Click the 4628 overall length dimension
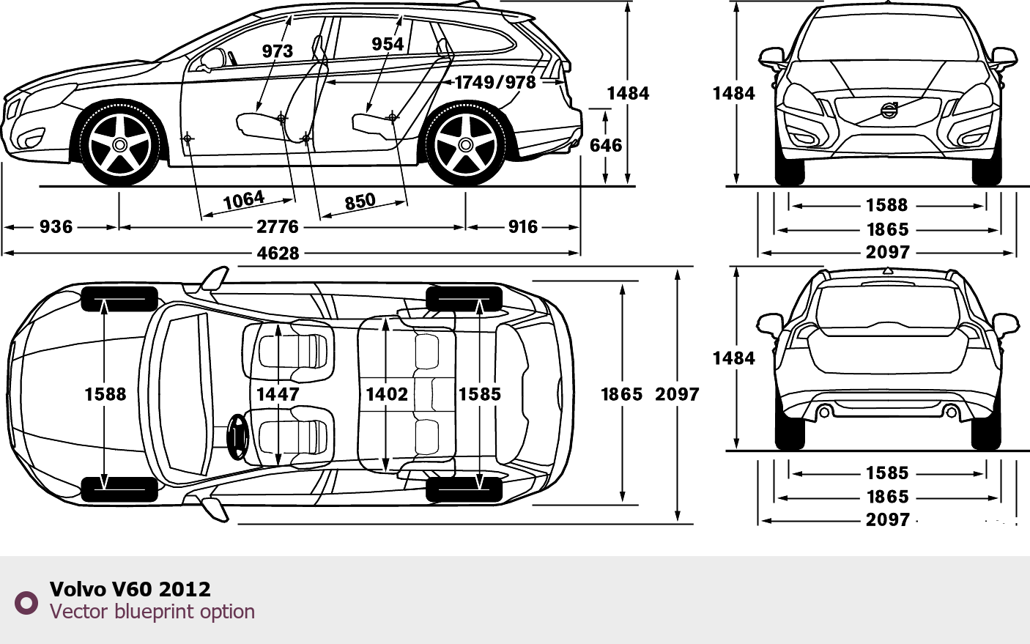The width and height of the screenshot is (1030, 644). (278, 253)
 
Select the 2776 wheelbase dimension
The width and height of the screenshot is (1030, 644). (278, 227)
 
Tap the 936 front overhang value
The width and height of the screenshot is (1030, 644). (56, 227)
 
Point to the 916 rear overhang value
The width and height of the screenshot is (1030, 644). (523, 227)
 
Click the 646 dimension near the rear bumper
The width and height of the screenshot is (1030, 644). (606, 146)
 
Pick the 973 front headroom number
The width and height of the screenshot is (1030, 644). (278, 51)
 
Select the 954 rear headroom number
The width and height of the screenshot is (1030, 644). (388, 45)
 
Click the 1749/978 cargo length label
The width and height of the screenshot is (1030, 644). (496, 82)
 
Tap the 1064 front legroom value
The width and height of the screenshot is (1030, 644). (244, 201)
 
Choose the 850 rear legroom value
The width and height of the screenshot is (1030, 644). (360, 201)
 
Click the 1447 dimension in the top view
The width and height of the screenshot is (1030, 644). (278, 394)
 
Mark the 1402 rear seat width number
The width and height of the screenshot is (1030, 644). (387, 394)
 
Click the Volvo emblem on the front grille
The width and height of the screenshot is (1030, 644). (888, 111)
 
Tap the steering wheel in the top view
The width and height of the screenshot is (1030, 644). (237, 437)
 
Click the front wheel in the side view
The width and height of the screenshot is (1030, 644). (120, 145)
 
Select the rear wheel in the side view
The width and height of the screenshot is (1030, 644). (465, 145)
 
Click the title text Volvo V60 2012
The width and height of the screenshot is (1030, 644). (130, 589)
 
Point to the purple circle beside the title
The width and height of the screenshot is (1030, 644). (26, 602)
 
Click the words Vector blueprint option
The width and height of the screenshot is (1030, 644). (152, 612)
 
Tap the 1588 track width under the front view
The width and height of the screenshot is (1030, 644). (886, 206)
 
